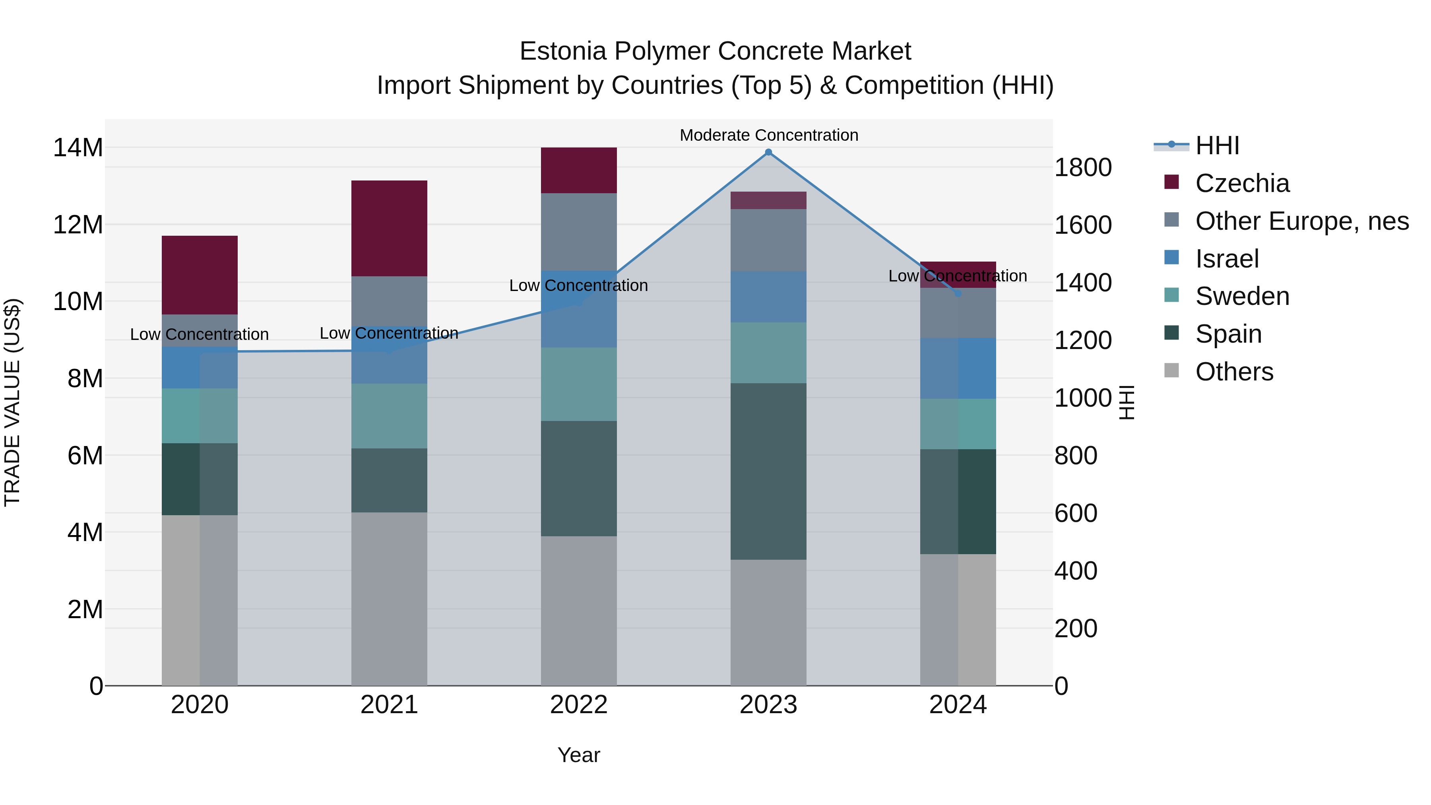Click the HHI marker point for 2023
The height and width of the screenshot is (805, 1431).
click(768, 152)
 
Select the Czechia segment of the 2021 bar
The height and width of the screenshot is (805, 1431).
click(389, 228)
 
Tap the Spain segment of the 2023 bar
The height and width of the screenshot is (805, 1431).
click(768, 471)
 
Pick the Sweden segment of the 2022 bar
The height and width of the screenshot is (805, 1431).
click(579, 384)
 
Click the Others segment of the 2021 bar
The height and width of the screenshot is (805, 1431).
click(389, 599)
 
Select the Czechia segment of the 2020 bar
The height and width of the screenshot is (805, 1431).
click(200, 275)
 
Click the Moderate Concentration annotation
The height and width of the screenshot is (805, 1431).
click(769, 135)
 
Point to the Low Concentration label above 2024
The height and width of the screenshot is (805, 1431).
click(957, 276)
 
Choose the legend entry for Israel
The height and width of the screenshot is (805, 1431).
click(1227, 259)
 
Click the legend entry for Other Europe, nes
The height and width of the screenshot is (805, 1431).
click(1301, 221)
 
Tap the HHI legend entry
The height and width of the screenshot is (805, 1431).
click(1217, 145)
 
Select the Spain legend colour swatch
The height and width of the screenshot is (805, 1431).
click(1171, 333)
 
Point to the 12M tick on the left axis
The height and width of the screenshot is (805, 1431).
click(78, 225)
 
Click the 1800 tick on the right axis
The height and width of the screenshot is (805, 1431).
click(1083, 168)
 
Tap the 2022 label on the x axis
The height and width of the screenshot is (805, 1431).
click(579, 705)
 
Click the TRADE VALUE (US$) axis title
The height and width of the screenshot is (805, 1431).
click(12, 402)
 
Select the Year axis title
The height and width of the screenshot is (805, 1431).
click(579, 755)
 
